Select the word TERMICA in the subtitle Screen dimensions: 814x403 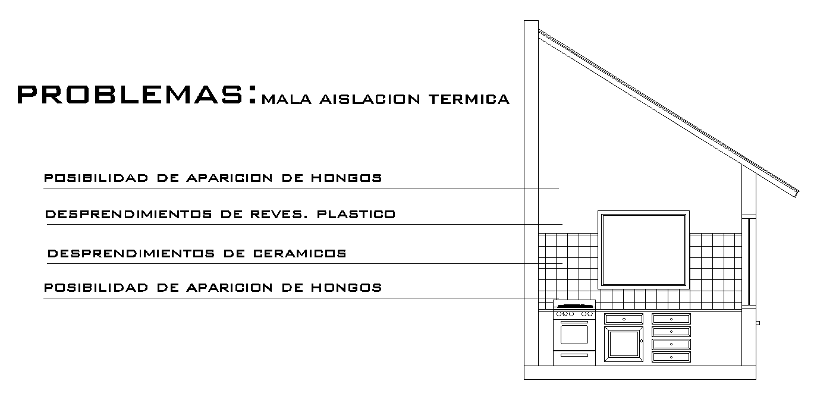click(x=469, y=99)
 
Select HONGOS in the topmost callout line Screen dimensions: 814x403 click(x=346, y=178)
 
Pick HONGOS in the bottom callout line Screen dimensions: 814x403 click(x=346, y=288)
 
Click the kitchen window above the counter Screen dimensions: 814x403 click(x=643, y=249)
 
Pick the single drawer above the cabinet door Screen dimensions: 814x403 click(x=623, y=319)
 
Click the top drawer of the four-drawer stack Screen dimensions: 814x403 click(x=671, y=319)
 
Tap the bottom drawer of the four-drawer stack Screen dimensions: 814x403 click(x=671, y=357)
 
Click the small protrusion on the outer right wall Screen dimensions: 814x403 click(x=758, y=323)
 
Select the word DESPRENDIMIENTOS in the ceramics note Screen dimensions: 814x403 click(x=130, y=253)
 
